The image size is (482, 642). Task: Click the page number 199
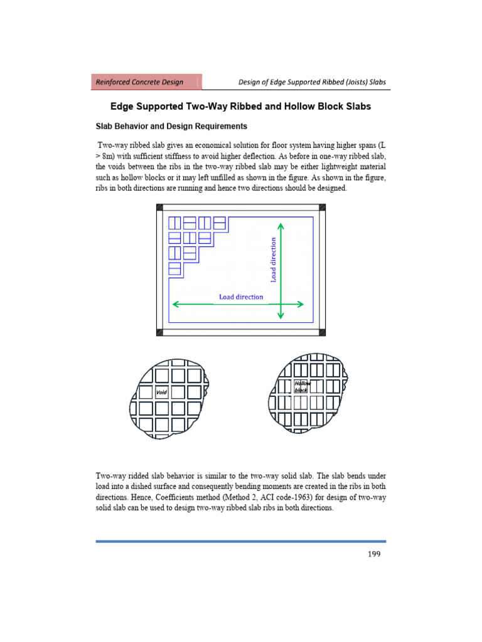(x=373, y=554)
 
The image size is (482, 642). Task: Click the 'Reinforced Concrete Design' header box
(x=148, y=82)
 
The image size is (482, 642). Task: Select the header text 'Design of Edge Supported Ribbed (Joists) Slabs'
(x=312, y=82)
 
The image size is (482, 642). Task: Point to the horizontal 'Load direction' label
(x=241, y=297)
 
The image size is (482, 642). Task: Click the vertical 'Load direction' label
(x=273, y=260)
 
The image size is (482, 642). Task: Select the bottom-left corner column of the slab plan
(x=159, y=332)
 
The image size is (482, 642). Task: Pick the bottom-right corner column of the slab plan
(x=323, y=332)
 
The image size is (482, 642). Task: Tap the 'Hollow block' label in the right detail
(x=303, y=386)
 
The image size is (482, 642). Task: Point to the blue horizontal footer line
(x=241, y=540)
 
